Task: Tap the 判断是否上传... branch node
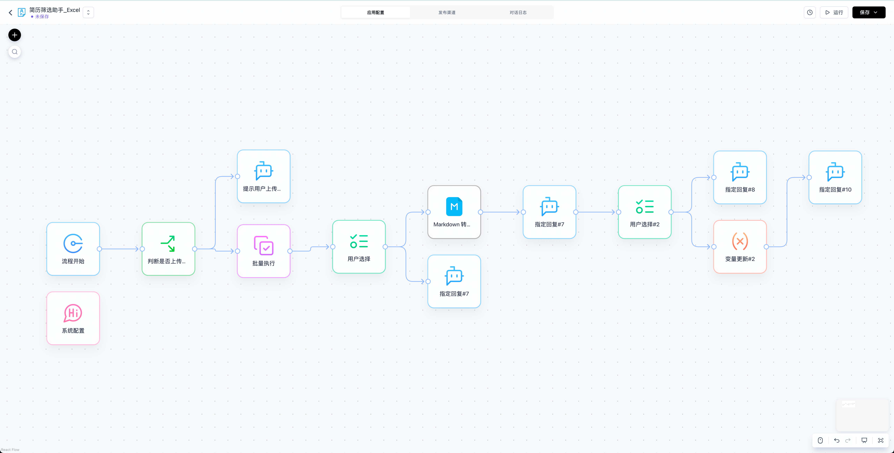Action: point(168,249)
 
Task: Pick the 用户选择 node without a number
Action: point(359,247)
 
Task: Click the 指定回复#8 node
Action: point(740,177)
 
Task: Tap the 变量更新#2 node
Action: point(740,247)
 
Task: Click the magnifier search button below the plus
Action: point(14,52)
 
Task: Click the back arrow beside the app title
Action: point(10,13)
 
